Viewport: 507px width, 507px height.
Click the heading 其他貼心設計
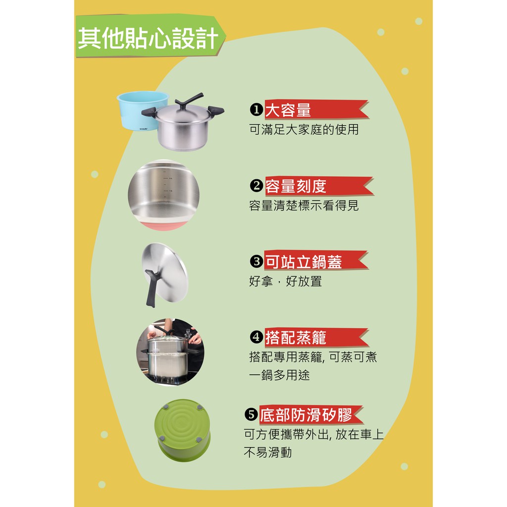(x=148, y=39)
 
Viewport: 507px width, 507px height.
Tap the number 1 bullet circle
(x=256, y=109)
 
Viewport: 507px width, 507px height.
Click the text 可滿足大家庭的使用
(x=304, y=130)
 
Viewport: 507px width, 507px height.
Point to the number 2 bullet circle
(x=256, y=186)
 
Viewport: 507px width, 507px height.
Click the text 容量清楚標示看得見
(x=304, y=205)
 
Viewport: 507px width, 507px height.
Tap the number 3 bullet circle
(x=256, y=261)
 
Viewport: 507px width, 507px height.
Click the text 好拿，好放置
(x=286, y=281)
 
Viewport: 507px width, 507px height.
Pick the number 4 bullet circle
(x=256, y=337)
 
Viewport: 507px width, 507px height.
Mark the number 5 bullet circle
(x=251, y=414)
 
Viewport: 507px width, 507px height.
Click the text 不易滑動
(x=268, y=453)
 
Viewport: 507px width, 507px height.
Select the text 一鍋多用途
(x=279, y=375)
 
